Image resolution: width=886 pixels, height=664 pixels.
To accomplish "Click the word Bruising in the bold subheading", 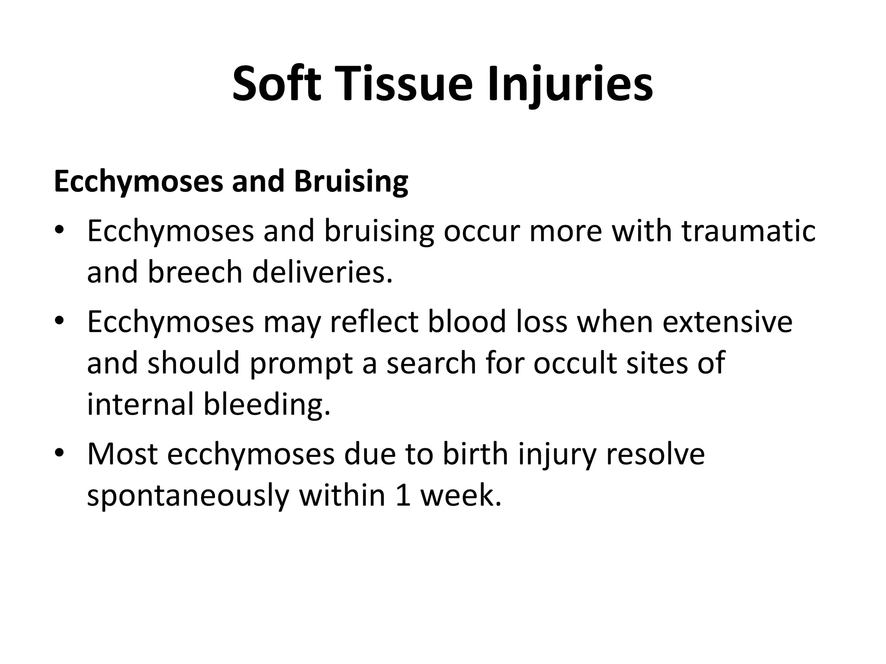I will click(x=351, y=181).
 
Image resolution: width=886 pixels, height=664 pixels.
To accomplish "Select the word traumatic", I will click(x=748, y=230).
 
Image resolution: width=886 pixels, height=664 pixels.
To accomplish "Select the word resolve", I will click(x=655, y=453).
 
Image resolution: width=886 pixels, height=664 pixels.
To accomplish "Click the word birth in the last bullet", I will click(x=475, y=453).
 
